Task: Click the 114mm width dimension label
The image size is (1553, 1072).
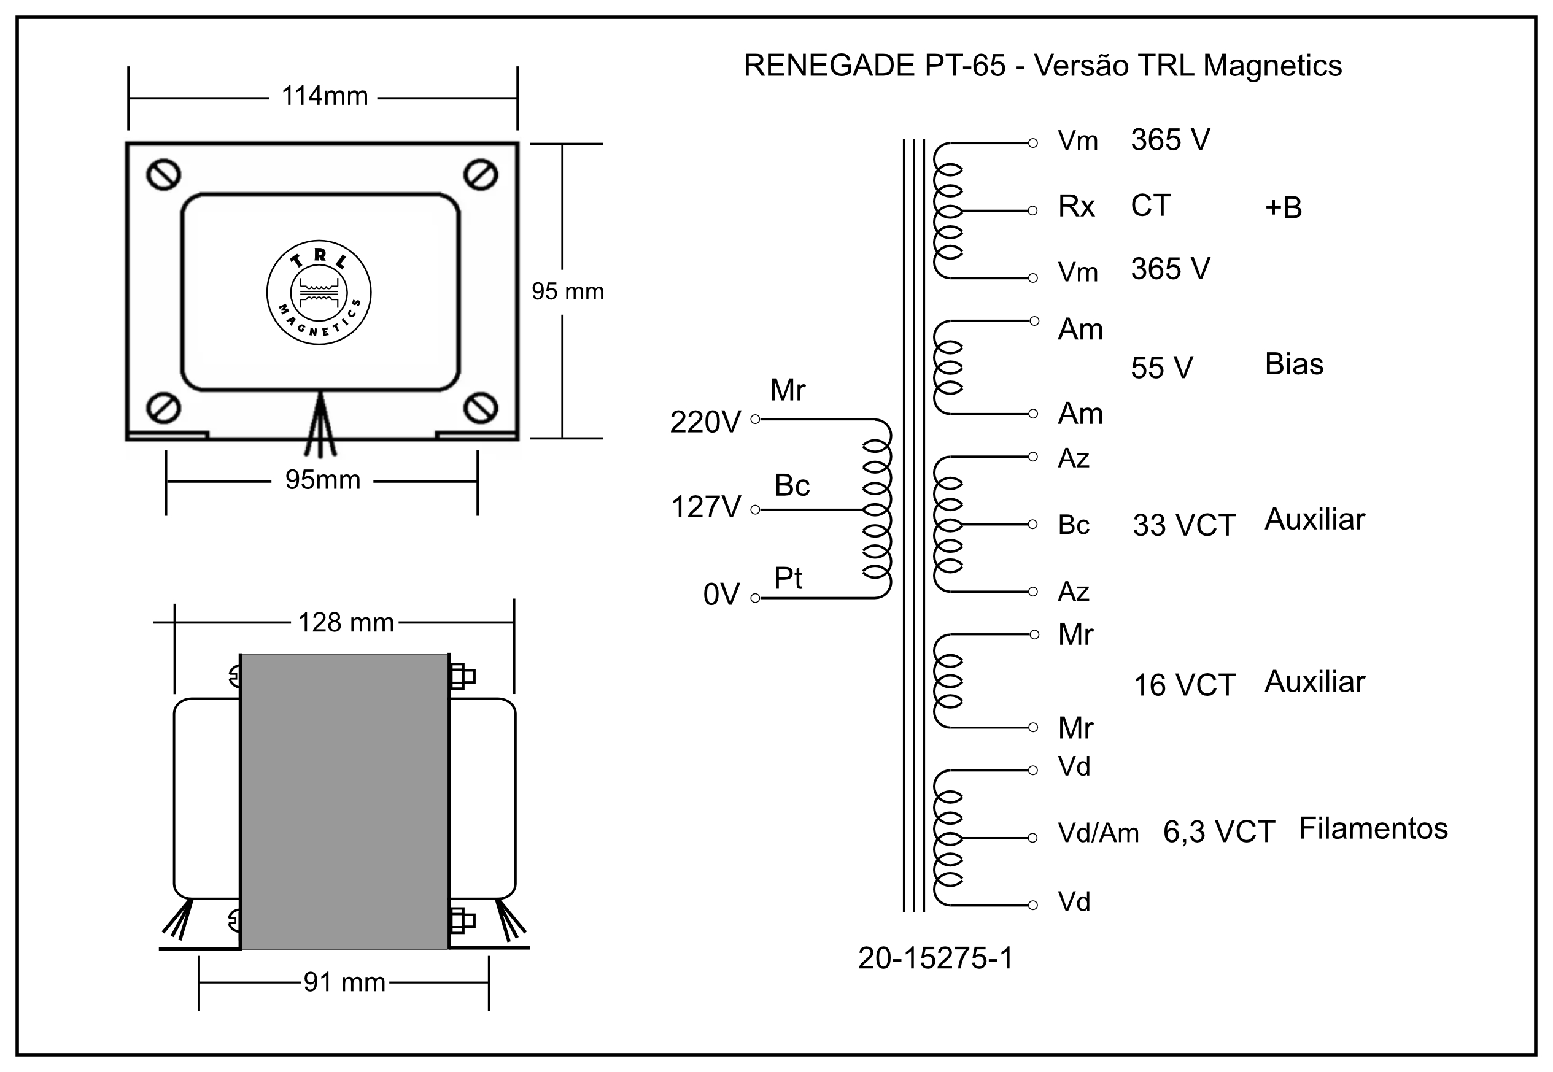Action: point(325,97)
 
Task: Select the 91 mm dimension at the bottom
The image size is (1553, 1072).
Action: point(344,982)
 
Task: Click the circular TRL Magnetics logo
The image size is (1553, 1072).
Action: point(319,293)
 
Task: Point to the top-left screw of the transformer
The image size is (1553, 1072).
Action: point(163,175)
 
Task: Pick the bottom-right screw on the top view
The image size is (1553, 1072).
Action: point(480,407)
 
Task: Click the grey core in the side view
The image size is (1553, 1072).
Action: point(344,801)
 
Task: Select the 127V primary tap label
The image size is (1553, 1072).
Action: point(706,507)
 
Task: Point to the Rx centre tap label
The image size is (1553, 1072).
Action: point(1076,206)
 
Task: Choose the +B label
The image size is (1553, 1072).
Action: point(1283,207)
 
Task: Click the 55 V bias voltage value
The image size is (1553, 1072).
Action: point(1161,368)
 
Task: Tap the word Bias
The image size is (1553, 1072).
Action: point(1294,364)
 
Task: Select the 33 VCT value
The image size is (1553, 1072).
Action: point(1183,525)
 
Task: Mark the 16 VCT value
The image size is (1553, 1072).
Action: point(1184,685)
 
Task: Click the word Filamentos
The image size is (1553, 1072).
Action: point(1373,828)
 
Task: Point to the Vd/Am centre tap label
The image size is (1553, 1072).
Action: point(1098,833)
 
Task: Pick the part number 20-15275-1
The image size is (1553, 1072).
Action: point(935,958)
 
